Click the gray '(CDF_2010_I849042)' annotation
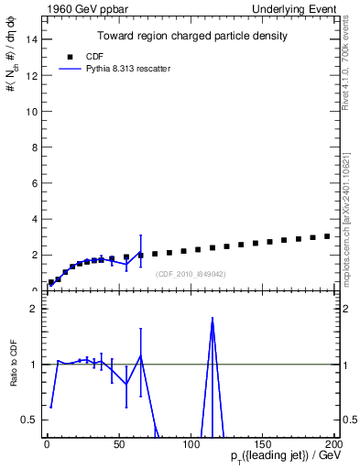click(190, 274)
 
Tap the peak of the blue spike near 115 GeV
click(213, 318)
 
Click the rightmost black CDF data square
click(327, 236)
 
